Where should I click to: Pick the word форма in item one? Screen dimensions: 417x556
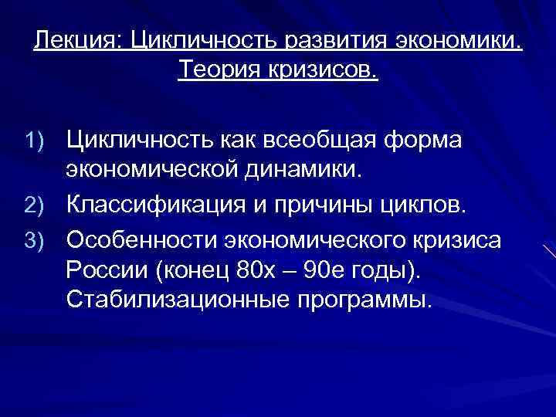tap(435, 141)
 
